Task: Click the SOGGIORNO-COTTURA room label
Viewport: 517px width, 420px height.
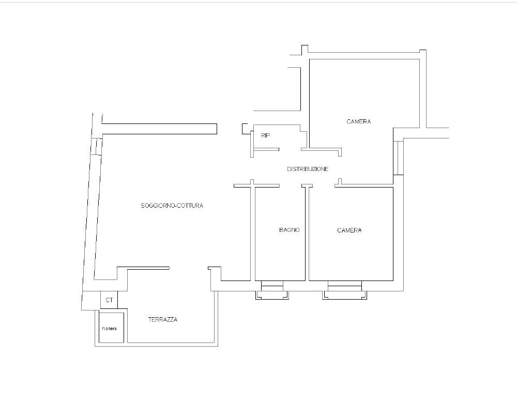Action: point(172,206)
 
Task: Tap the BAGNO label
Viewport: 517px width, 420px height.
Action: point(289,230)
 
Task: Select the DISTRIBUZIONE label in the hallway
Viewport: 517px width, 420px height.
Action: point(308,169)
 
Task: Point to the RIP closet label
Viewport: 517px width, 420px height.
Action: point(265,135)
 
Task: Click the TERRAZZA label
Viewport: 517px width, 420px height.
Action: point(162,320)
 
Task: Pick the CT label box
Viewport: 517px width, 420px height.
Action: point(109,300)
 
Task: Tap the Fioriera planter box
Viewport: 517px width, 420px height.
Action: point(112,328)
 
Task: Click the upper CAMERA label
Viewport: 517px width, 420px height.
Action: point(359,121)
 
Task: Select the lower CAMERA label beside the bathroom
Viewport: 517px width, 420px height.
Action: point(349,230)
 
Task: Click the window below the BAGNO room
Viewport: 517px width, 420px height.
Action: point(272,290)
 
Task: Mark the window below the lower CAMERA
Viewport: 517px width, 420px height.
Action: point(344,290)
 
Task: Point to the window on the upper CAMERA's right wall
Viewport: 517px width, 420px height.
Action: point(398,158)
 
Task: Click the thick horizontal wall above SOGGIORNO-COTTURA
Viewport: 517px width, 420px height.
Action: point(159,129)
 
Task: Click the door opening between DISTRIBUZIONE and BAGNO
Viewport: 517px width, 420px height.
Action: point(291,185)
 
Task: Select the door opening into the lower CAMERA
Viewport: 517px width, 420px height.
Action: point(324,185)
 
